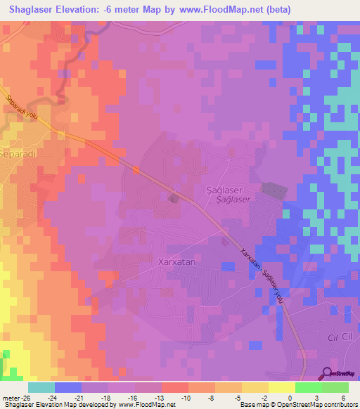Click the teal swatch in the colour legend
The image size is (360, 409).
[x=41, y=387]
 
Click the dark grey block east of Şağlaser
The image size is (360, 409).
[x=274, y=190]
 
